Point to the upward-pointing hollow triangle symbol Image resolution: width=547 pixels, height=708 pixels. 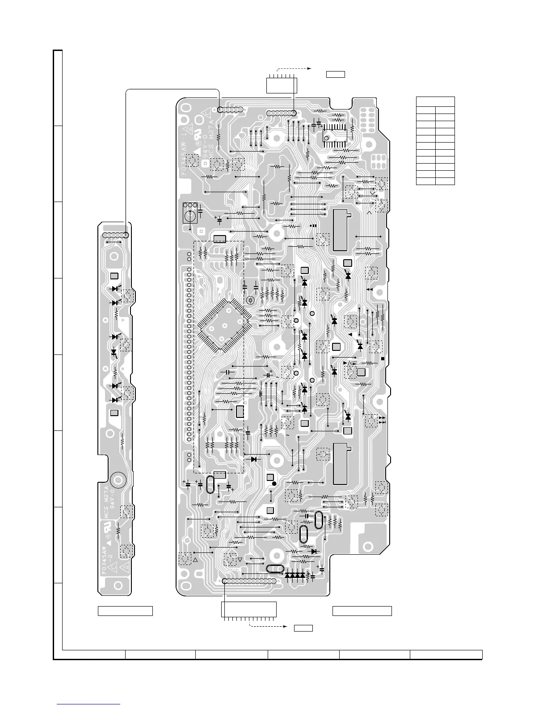point(195,560)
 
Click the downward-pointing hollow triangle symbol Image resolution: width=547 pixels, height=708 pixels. point(240,560)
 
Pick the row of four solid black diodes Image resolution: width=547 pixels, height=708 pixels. point(295,575)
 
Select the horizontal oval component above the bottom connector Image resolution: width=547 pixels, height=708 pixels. point(274,569)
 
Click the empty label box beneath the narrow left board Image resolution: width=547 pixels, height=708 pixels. point(125,611)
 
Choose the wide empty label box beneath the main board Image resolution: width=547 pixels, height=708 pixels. point(362,611)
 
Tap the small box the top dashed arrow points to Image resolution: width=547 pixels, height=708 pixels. point(335,74)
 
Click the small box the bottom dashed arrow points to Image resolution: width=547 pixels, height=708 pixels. point(303,628)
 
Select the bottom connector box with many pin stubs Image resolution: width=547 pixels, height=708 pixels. point(249,610)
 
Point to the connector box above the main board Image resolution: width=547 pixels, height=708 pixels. point(282,85)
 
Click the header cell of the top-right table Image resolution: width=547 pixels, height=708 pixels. point(435,101)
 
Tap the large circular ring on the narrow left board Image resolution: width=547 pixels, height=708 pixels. point(119,480)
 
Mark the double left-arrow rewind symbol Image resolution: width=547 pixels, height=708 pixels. point(370,290)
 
